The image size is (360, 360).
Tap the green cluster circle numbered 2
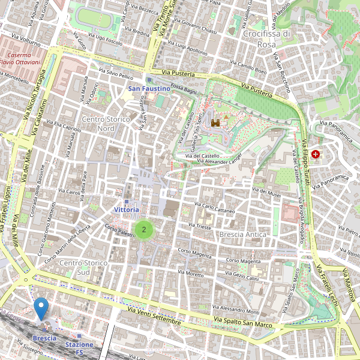click(x=143, y=229)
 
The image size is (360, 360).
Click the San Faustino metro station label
click(x=149, y=89)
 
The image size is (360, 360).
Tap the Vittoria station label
click(x=127, y=210)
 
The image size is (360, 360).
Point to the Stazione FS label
click(x=79, y=348)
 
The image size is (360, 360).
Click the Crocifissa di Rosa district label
click(x=267, y=39)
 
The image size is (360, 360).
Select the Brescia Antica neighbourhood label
click(x=242, y=235)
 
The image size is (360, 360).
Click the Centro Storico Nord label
click(x=106, y=124)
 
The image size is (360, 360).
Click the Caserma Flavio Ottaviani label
click(x=20, y=58)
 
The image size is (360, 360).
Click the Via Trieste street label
click(x=200, y=226)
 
